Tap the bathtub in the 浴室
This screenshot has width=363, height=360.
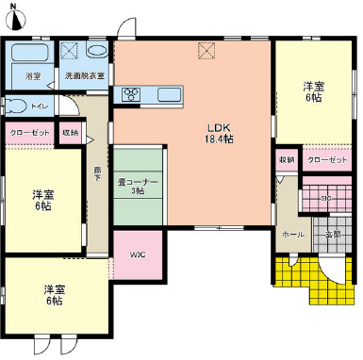(32, 55)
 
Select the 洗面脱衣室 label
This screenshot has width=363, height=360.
(85, 74)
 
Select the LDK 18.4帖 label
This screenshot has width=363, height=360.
(221, 133)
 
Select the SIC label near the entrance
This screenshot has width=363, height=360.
(325, 198)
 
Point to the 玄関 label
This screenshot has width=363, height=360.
(332, 234)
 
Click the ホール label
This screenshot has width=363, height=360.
(293, 234)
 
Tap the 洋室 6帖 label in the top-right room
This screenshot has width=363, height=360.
(313, 93)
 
